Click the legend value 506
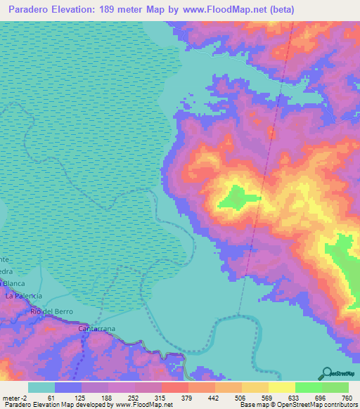[x=235, y=398]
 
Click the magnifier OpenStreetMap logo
[x=328, y=373]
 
